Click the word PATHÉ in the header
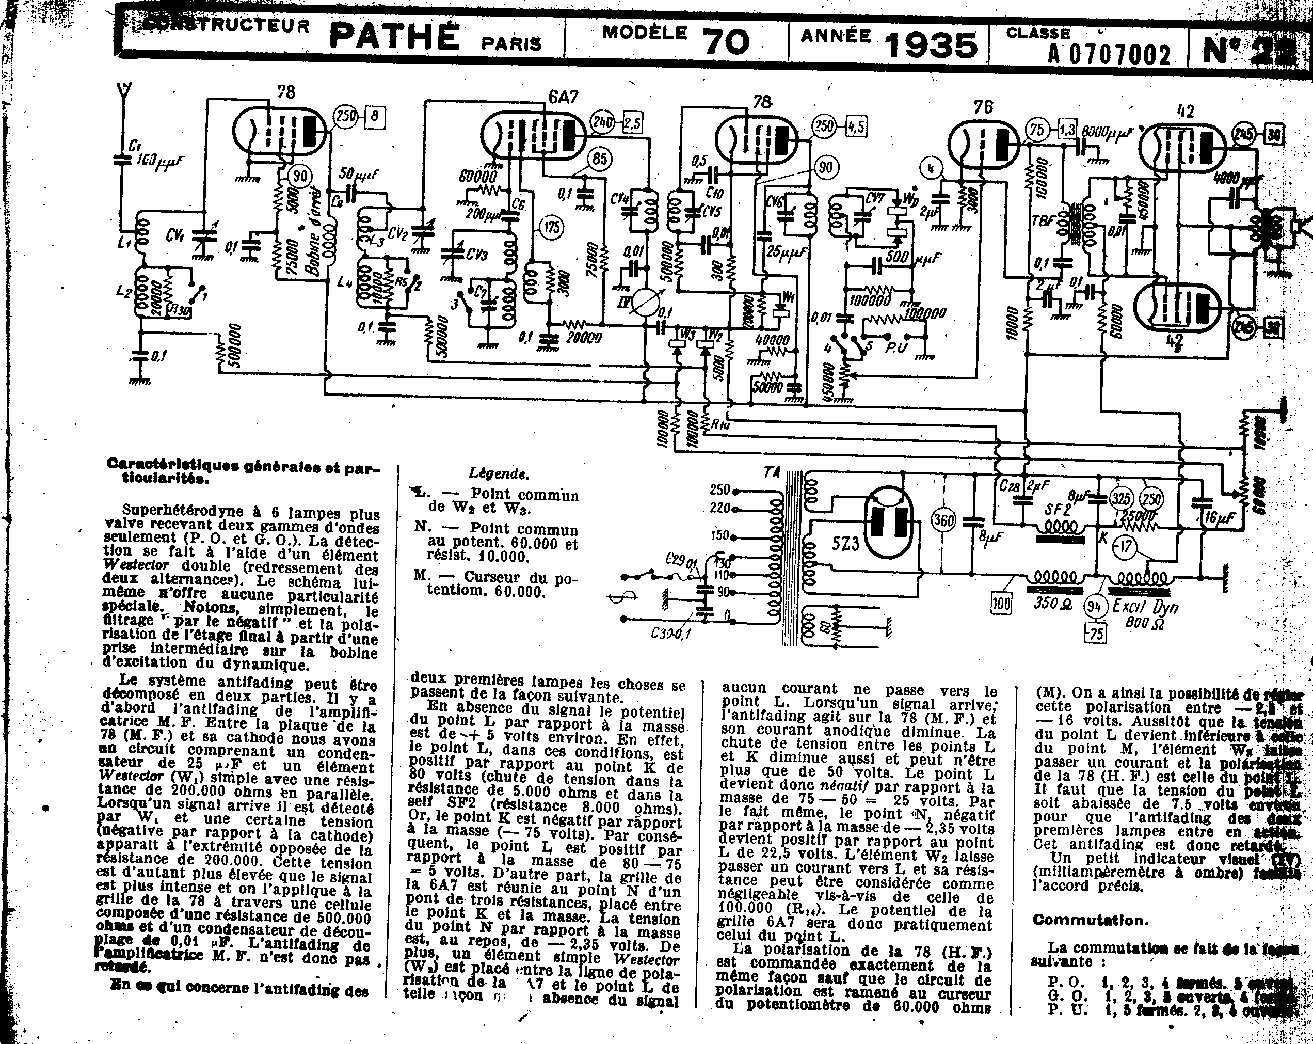[x=394, y=37]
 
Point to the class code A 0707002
[x=1109, y=55]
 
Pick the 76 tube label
[x=983, y=107]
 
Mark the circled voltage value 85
[x=599, y=159]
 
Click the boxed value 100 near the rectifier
[x=1001, y=604]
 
